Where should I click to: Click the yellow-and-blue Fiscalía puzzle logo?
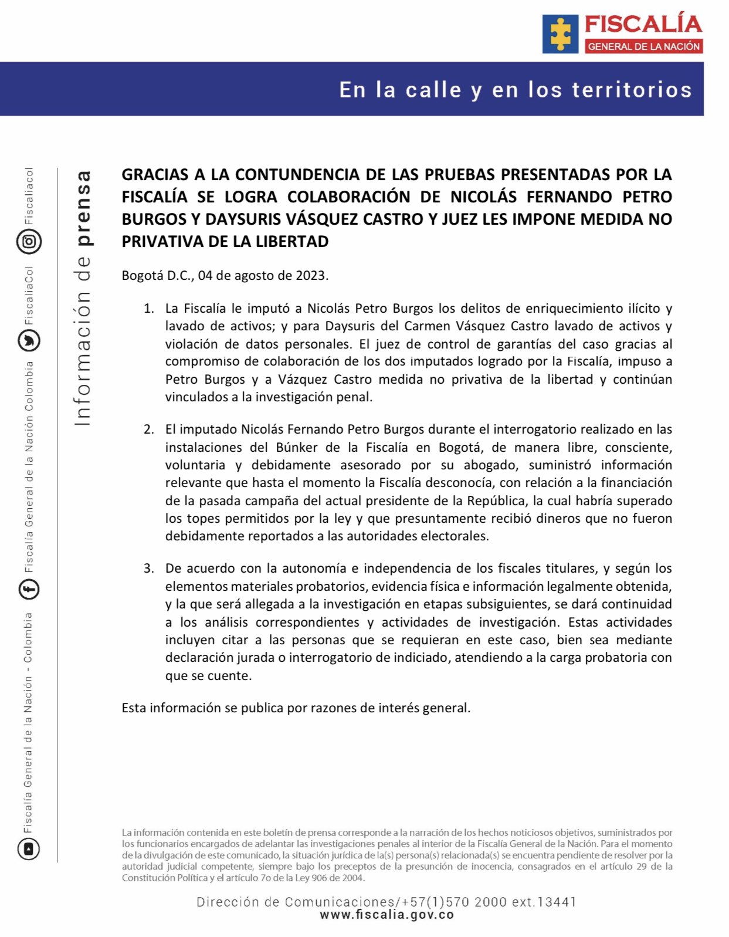click(x=560, y=34)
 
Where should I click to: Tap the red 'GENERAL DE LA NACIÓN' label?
click(x=643, y=46)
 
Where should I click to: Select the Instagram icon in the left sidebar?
click(x=29, y=241)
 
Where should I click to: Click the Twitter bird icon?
click(x=29, y=340)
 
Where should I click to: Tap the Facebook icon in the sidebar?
click(x=29, y=589)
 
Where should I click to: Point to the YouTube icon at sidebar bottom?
click(x=29, y=848)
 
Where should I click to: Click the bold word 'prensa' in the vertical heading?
click(x=84, y=208)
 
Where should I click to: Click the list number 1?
click(x=149, y=309)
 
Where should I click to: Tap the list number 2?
click(x=149, y=429)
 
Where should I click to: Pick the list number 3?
click(x=149, y=569)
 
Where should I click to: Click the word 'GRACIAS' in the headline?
click(x=155, y=175)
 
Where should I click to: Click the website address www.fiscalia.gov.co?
click(x=386, y=915)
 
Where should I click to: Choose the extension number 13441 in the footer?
click(x=557, y=902)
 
